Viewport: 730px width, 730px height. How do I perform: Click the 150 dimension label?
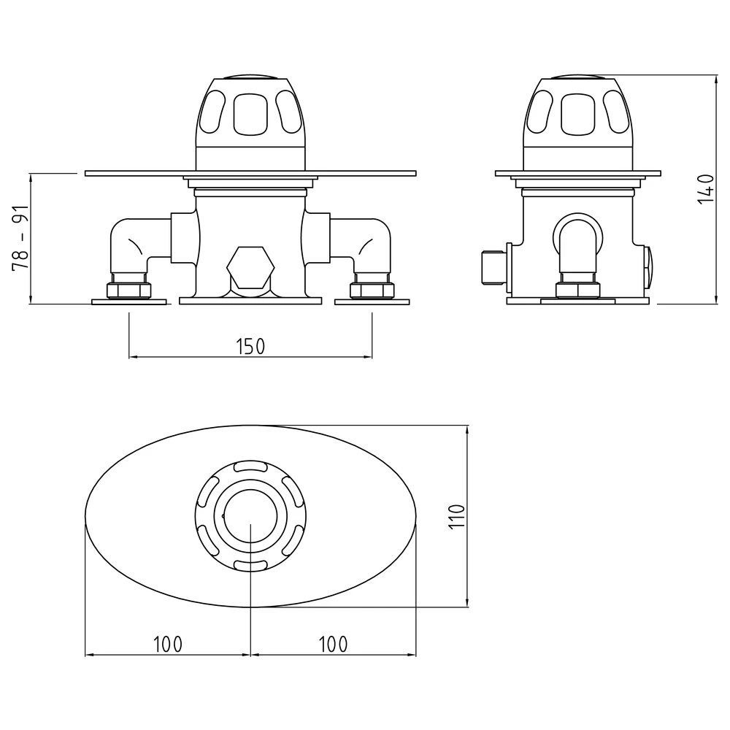click(x=250, y=346)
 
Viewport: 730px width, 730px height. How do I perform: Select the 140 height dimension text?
click(x=705, y=188)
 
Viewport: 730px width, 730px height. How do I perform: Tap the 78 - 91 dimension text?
click(x=20, y=237)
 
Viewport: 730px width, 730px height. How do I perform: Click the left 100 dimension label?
click(x=168, y=645)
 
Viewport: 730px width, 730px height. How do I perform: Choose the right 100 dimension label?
click(x=334, y=645)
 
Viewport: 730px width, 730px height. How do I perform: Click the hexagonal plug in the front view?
click(x=250, y=267)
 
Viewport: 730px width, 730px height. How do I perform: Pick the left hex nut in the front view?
click(x=129, y=290)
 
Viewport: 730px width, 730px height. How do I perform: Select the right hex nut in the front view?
click(x=372, y=290)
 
